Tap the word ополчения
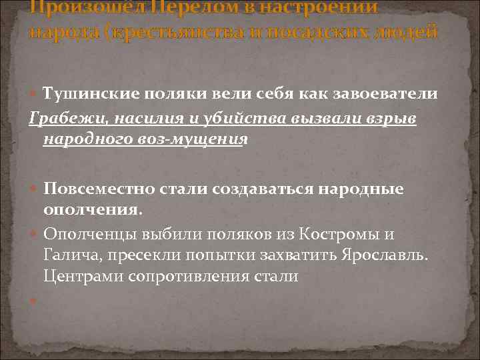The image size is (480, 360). click(91, 210)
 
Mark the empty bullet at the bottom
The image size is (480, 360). click(33, 301)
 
